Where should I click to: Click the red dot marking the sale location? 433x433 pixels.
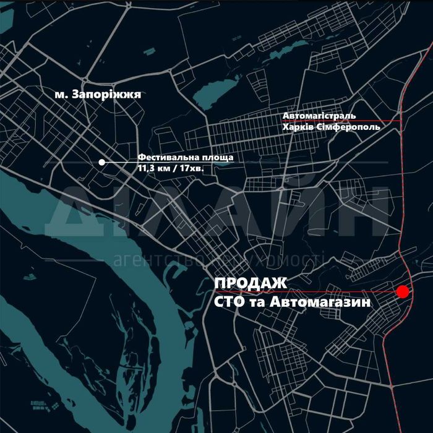[403, 291]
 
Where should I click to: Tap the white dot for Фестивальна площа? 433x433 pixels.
[101, 162]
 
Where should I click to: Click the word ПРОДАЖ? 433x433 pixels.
[251, 283]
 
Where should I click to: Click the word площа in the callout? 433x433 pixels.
[216, 158]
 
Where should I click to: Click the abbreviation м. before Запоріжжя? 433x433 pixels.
[60, 95]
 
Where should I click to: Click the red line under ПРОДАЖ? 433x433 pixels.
[334, 291]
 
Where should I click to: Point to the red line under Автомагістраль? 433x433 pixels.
[371, 121]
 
